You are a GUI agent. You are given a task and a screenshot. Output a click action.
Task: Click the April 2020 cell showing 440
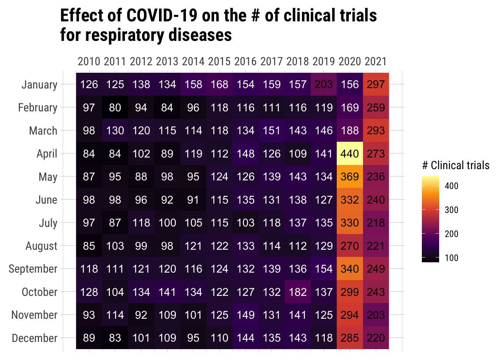(x=350, y=154)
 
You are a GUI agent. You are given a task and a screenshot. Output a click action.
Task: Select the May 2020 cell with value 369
(x=350, y=177)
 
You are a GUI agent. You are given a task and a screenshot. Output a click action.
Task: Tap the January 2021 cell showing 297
(x=376, y=84)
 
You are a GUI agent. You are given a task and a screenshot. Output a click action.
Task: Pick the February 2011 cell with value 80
(x=115, y=108)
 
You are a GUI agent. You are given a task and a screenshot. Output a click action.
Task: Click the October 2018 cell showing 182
(x=298, y=292)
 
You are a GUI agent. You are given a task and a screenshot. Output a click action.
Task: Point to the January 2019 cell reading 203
(x=324, y=84)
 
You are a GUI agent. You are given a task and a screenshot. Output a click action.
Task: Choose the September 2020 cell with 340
(x=350, y=269)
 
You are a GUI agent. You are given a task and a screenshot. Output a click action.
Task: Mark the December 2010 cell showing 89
(x=89, y=338)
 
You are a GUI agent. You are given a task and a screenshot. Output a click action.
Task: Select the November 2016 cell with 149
(x=246, y=315)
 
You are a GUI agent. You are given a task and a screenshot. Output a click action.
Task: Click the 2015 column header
(x=219, y=61)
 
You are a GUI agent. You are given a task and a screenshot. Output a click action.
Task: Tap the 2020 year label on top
(x=350, y=61)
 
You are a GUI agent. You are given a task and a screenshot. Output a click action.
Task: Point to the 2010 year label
(x=89, y=61)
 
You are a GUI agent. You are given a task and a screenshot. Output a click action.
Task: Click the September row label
(x=33, y=269)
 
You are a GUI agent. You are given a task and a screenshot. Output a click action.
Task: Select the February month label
(x=38, y=108)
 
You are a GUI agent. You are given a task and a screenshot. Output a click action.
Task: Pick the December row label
(x=34, y=338)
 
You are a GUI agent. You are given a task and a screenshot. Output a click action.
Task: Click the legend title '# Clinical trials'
(x=456, y=165)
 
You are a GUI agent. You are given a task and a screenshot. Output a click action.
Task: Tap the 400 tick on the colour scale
(x=451, y=186)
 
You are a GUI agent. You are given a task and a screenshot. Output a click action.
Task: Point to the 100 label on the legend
(x=451, y=258)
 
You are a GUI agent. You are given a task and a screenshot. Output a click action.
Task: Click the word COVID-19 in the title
(x=163, y=16)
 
